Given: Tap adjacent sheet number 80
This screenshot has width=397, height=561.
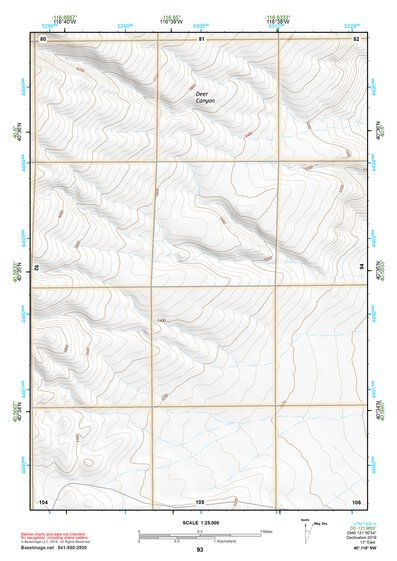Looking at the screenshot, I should [x=43, y=38].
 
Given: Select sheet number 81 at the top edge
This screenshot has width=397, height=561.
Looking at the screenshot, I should [x=200, y=38].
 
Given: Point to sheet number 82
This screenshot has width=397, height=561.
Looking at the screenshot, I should [x=356, y=38].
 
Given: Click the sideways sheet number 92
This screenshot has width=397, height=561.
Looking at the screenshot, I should [x=40, y=268].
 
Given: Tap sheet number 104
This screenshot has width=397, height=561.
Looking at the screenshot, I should [x=43, y=500].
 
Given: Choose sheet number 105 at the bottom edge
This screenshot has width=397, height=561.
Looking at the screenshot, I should [x=200, y=500].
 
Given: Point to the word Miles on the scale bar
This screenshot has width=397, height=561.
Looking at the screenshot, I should [x=266, y=530].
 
